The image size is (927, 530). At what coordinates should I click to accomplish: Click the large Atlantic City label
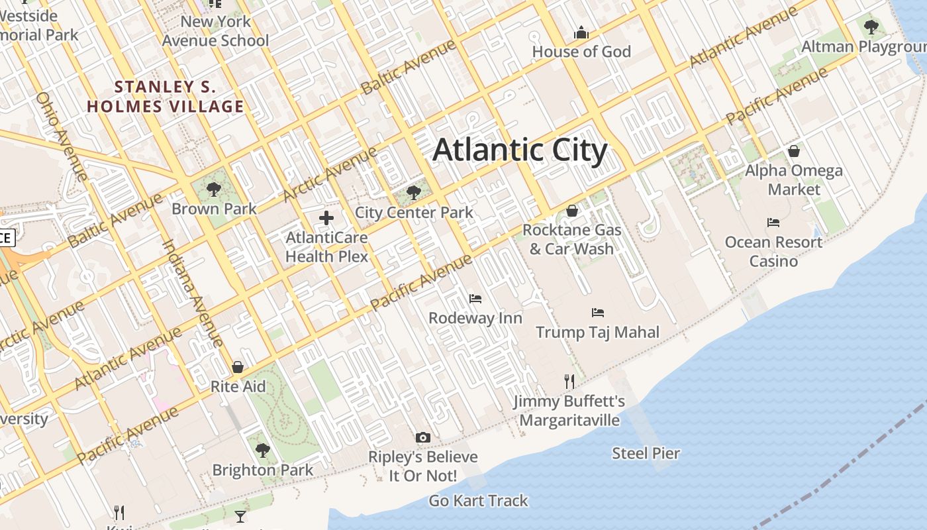520,150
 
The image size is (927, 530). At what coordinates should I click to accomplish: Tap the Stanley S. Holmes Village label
166,97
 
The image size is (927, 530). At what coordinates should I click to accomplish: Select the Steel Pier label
646,454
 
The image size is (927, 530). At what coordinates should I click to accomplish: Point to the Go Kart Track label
478,501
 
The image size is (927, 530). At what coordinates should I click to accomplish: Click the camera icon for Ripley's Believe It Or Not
423,437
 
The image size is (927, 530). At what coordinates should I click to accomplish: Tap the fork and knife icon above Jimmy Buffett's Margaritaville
569,381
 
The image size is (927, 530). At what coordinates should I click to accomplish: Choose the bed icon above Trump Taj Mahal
598,312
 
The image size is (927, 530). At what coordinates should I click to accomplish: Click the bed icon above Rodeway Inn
475,298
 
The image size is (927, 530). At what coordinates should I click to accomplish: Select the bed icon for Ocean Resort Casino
773,223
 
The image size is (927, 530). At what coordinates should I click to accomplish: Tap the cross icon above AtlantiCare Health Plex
326,217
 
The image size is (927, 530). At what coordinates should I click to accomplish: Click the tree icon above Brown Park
213,189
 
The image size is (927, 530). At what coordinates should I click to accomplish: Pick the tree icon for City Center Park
414,193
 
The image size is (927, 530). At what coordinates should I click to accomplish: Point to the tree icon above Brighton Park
262,450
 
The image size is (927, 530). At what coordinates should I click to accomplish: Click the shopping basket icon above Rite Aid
238,367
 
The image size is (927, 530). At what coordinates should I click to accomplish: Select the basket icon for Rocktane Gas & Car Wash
571,211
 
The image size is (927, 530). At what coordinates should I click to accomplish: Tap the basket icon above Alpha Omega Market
793,151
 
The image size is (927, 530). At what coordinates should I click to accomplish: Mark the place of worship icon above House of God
581,32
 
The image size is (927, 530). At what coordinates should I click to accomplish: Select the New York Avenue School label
216,31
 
